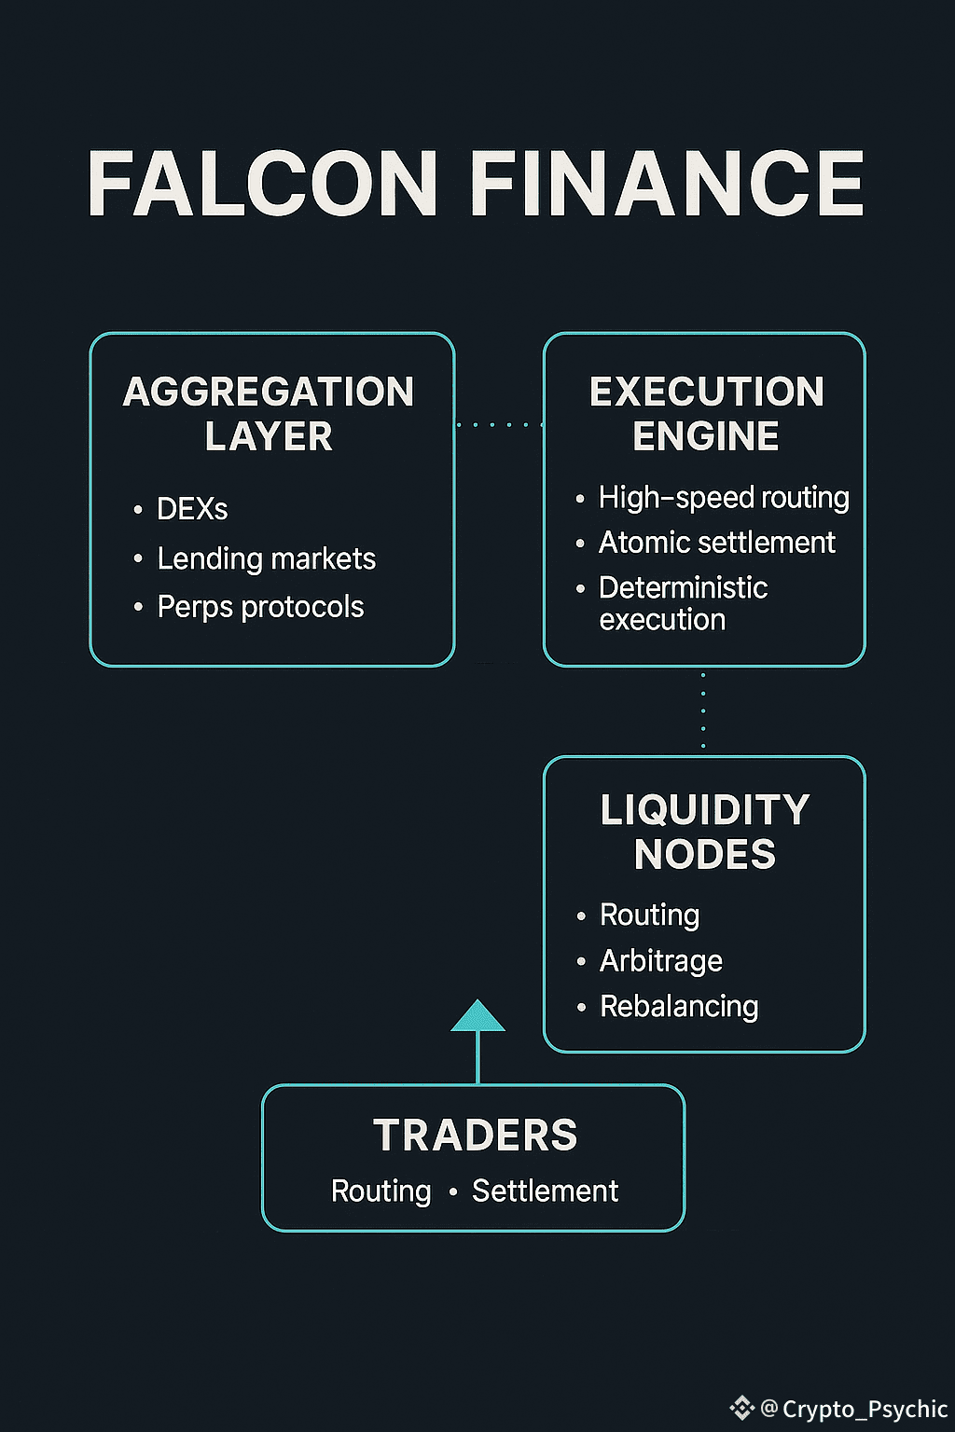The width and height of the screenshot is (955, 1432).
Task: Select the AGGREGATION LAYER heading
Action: click(269, 414)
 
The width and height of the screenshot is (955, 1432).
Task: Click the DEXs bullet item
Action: click(192, 509)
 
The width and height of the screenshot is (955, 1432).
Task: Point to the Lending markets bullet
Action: click(266, 558)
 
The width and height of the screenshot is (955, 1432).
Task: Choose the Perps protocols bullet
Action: click(260, 607)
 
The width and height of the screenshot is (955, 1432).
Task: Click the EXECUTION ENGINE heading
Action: click(706, 414)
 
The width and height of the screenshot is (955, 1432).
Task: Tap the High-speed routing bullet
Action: click(724, 498)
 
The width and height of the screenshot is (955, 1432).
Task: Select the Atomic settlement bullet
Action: click(716, 543)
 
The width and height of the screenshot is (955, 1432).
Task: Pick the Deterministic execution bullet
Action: click(683, 603)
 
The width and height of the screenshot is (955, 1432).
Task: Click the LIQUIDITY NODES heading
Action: click(705, 832)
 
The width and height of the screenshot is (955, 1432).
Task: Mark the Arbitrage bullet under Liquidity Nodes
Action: click(660, 961)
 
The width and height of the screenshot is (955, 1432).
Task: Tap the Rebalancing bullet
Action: click(679, 1007)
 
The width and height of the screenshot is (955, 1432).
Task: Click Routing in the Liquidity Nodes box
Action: click(649, 916)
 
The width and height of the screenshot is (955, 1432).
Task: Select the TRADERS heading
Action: click(475, 1136)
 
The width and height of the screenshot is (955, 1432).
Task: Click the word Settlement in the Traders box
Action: click(545, 1191)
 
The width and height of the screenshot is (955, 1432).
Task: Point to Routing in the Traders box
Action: click(381, 1191)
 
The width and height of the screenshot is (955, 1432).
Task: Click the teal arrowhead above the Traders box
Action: click(477, 1017)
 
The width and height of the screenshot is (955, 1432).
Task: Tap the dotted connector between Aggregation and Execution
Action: click(499, 425)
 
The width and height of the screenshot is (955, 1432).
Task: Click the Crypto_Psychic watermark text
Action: click(864, 1409)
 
